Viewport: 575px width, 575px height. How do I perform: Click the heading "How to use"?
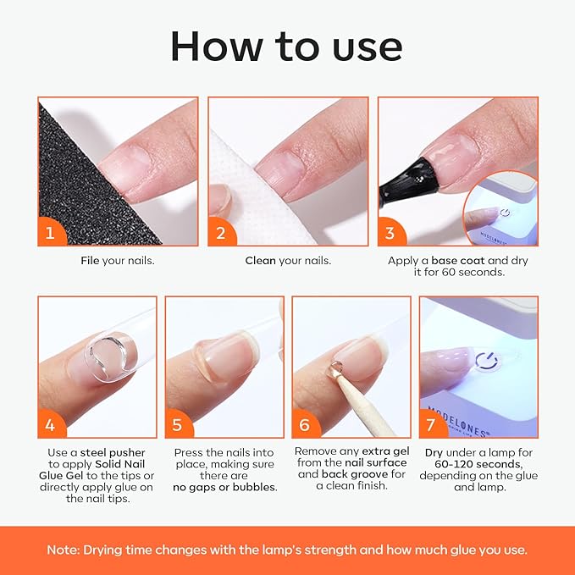[287, 47]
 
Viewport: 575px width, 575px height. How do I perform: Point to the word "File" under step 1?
[91, 261]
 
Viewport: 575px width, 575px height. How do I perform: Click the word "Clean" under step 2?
[261, 261]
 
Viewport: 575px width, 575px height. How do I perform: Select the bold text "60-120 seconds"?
[479, 464]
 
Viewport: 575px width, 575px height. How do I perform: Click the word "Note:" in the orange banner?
[66, 550]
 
